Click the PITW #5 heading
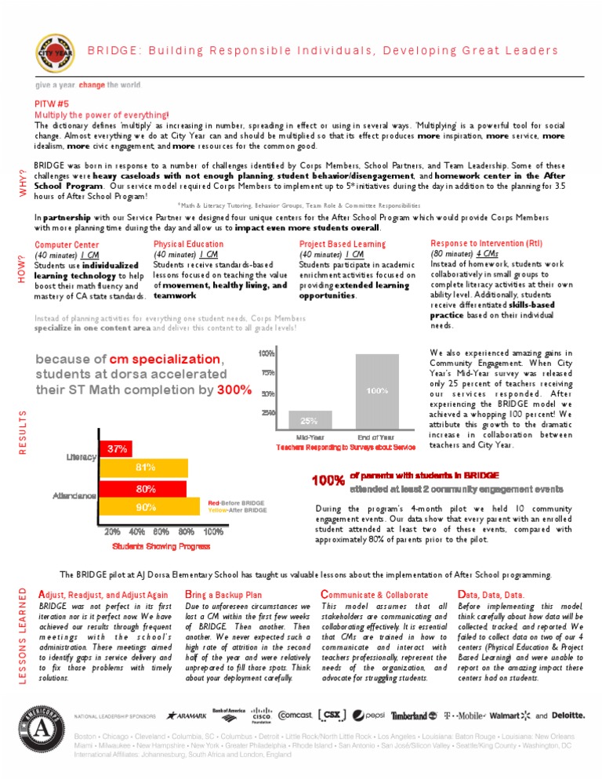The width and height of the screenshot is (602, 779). pos(53,103)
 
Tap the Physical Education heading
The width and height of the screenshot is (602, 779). pos(188,244)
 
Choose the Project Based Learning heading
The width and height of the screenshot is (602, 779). pos(343,245)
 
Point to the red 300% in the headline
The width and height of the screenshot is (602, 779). pos(234,389)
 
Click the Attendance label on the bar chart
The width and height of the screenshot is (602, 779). pos(74,496)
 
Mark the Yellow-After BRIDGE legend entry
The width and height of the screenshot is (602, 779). pos(238,510)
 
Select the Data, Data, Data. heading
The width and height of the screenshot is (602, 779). pos(491,595)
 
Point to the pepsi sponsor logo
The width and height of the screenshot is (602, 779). pos(368,716)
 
